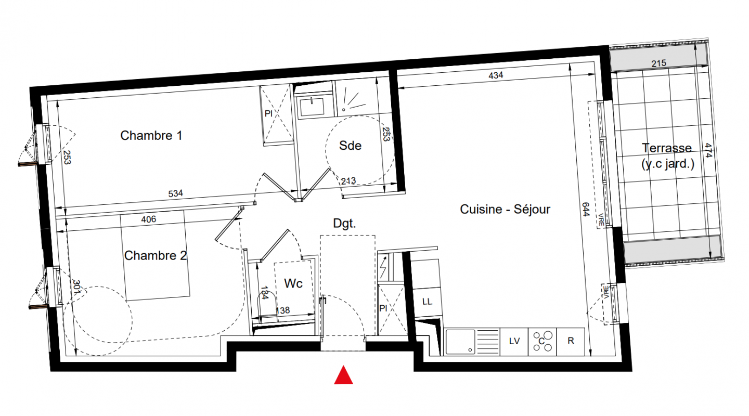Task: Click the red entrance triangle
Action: coord(343,375)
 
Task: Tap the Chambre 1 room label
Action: coord(151,135)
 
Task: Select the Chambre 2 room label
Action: coord(155,255)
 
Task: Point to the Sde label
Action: coord(350,146)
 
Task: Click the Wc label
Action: coord(293,283)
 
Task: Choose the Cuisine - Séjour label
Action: coord(505,210)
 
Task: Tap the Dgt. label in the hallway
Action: coord(344,224)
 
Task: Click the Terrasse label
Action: coord(667,148)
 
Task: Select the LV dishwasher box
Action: coord(514,342)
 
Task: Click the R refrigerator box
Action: coord(571,341)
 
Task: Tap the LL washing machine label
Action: coord(427,302)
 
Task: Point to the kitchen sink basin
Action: coord(460,342)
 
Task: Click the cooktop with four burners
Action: coord(543,342)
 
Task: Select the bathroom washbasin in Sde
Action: coord(312,107)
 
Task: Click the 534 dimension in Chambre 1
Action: coord(176,193)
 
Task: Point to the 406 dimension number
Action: coord(148,219)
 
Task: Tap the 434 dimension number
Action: coord(496,75)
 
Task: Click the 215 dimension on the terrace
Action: coord(658,63)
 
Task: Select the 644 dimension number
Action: coord(586,210)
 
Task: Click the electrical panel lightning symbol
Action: coord(383,267)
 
